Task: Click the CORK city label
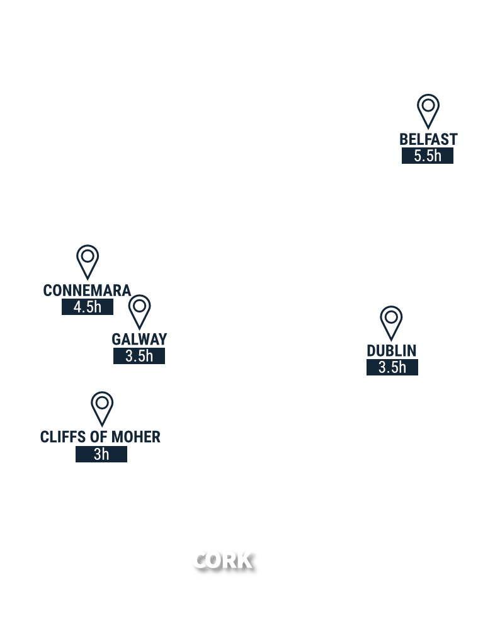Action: tap(222, 560)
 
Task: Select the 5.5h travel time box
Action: tap(428, 156)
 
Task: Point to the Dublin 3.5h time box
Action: tap(392, 367)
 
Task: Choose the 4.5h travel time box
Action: tap(88, 307)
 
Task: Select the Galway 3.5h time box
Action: tap(139, 356)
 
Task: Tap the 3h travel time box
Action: tap(101, 454)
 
